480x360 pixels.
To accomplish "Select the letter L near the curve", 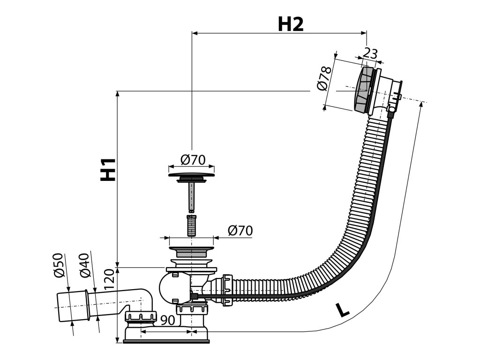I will click(343, 310).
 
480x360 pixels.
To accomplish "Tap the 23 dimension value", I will click(370, 53).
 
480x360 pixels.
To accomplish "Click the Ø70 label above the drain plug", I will click(193, 160).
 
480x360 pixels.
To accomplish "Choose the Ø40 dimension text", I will click(84, 266).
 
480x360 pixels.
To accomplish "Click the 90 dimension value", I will click(168, 320).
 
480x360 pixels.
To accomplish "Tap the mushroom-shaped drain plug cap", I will click(191, 177).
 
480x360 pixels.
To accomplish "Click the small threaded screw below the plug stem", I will click(191, 225).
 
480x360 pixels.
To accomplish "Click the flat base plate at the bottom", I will click(166, 340).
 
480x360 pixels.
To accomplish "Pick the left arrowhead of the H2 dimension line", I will click(194, 33).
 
